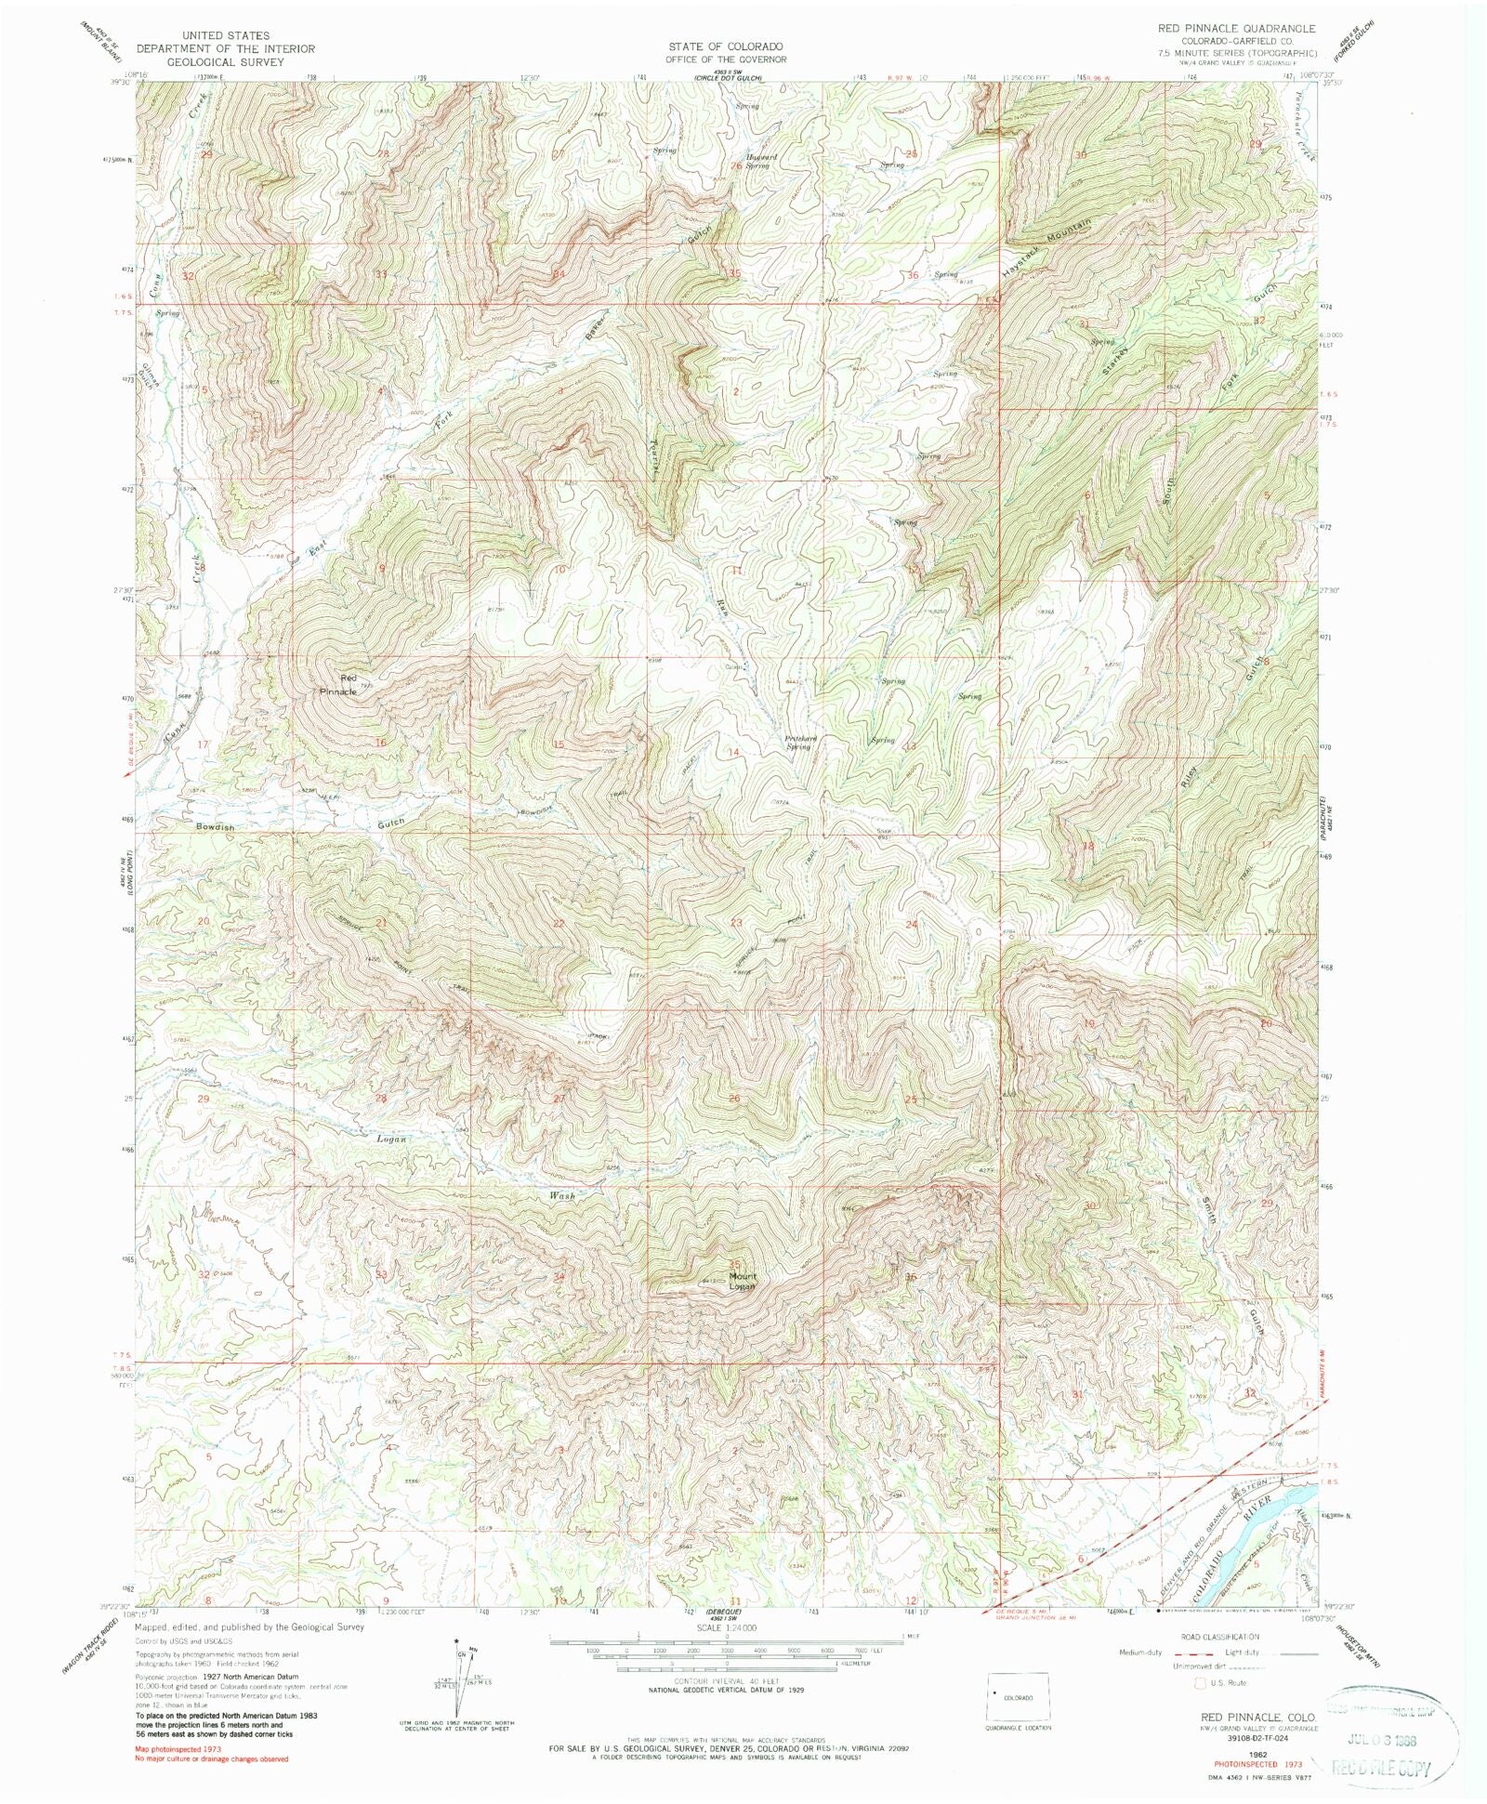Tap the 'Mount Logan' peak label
coord(742,1282)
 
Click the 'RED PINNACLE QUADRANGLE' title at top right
coord(1236,29)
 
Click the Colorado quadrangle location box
coord(1019,1696)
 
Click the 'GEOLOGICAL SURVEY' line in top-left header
coord(226,62)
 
